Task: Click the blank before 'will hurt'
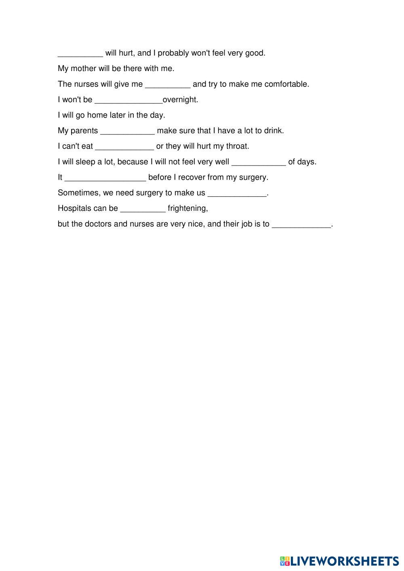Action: point(80,53)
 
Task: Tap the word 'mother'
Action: point(84,69)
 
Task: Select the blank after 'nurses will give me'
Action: point(168,84)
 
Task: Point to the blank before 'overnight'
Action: point(128,100)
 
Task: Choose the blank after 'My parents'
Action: point(127,131)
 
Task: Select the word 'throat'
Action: point(236,146)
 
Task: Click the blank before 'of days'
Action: point(259,162)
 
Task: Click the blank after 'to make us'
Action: point(237,193)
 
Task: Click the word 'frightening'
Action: point(187,208)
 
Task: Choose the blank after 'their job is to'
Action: point(301,224)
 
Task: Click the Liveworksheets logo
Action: point(339,561)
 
